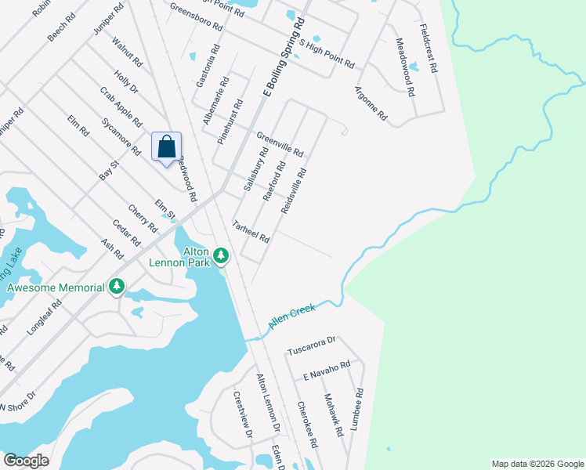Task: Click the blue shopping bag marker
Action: point(167,146)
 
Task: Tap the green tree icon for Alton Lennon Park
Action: point(222,255)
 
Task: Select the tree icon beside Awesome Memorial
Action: point(117,287)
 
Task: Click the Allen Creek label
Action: point(291,316)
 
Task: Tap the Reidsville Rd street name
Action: point(298,189)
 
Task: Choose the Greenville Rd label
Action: point(280,143)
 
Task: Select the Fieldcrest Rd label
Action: point(429,49)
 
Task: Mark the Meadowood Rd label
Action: point(404,67)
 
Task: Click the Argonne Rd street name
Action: point(371,103)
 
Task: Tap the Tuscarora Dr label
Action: point(311,345)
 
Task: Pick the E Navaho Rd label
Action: point(326,373)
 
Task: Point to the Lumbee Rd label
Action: point(358,411)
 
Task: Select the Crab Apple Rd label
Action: point(121,107)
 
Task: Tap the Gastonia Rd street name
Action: point(204,66)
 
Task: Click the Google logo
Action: point(27,461)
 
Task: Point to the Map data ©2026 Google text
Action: point(537,464)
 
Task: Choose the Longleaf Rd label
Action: point(42,316)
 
